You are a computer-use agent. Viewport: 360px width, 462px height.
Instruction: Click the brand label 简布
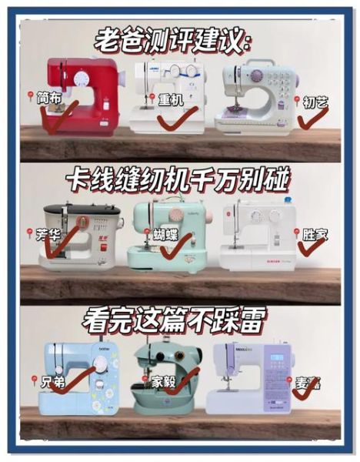click(x=48, y=99)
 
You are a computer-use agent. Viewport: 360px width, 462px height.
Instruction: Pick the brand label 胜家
click(x=314, y=232)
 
